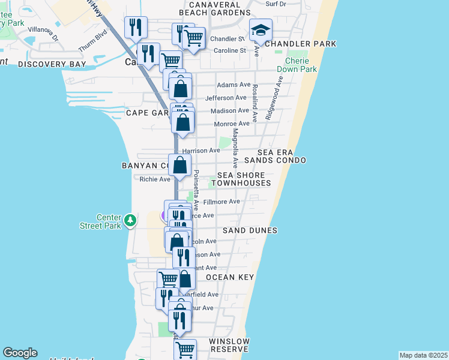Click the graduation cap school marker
click(x=261, y=30)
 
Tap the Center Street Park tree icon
click(x=130, y=221)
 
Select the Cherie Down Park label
click(x=301, y=65)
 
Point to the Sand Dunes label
click(x=250, y=230)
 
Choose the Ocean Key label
click(x=230, y=277)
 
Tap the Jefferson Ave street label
click(x=226, y=98)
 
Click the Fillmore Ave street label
click(x=221, y=202)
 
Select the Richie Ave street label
click(x=155, y=179)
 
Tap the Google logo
click(x=20, y=353)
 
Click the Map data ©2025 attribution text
click(x=423, y=355)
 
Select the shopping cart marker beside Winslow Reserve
click(x=185, y=349)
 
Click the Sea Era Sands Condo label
click(x=282, y=157)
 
